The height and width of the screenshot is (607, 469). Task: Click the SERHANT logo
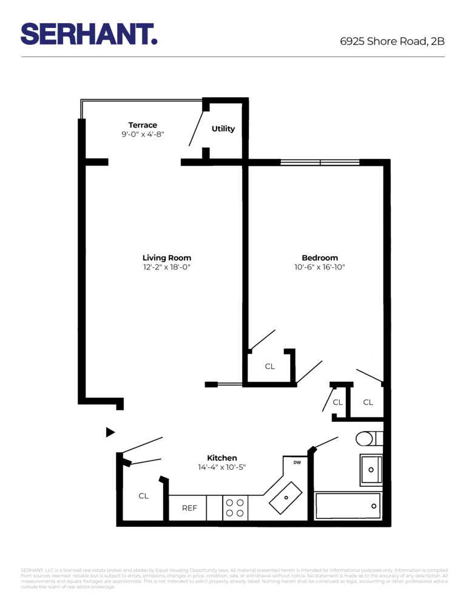click(x=89, y=34)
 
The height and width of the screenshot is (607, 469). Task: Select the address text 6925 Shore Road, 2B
click(x=392, y=41)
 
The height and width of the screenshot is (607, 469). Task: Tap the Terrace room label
click(x=143, y=125)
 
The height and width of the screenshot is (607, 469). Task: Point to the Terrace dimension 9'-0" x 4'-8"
click(x=143, y=135)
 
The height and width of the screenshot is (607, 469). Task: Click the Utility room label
click(x=223, y=129)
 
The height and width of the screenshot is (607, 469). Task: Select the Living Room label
click(x=167, y=257)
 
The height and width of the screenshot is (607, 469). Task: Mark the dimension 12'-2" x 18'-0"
click(x=167, y=267)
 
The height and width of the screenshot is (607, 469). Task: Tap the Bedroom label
click(x=320, y=257)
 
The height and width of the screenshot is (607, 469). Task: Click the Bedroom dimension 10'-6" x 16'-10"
click(x=320, y=267)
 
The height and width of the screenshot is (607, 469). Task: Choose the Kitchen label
click(x=222, y=458)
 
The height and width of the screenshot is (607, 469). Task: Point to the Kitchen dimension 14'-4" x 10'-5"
click(x=222, y=467)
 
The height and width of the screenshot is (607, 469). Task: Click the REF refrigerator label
click(x=189, y=508)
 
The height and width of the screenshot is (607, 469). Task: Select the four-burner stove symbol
click(x=235, y=508)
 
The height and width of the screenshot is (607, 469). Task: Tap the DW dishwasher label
click(x=297, y=463)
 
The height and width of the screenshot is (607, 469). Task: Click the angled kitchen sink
click(x=286, y=497)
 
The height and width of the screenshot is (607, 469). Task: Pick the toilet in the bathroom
click(x=366, y=438)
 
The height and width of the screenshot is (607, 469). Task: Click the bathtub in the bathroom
click(x=348, y=506)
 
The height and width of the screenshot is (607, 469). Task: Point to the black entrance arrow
click(x=110, y=432)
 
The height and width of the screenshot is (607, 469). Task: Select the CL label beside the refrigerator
click(x=143, y=496)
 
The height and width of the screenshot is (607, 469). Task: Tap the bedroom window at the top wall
click(x=320, y=162)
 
